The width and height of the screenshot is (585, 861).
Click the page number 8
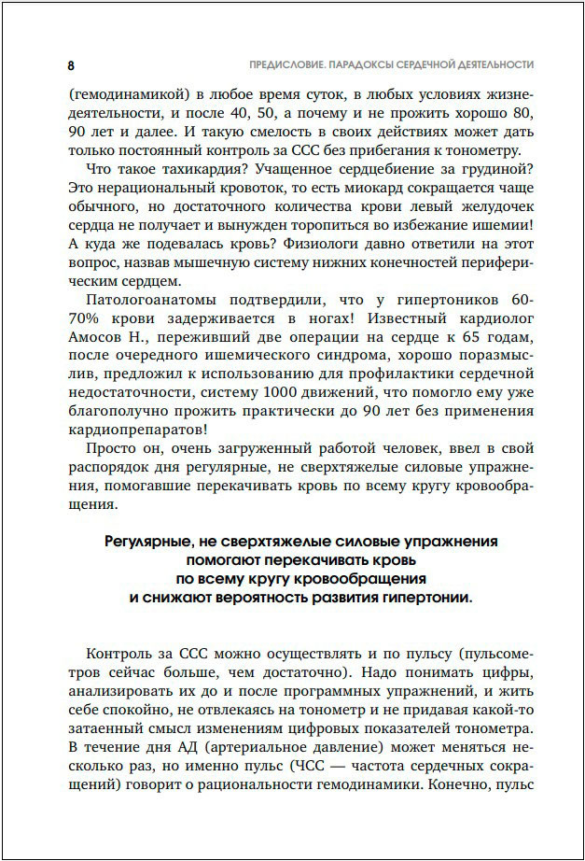71,65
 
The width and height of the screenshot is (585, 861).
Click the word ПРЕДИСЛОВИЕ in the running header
275,65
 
